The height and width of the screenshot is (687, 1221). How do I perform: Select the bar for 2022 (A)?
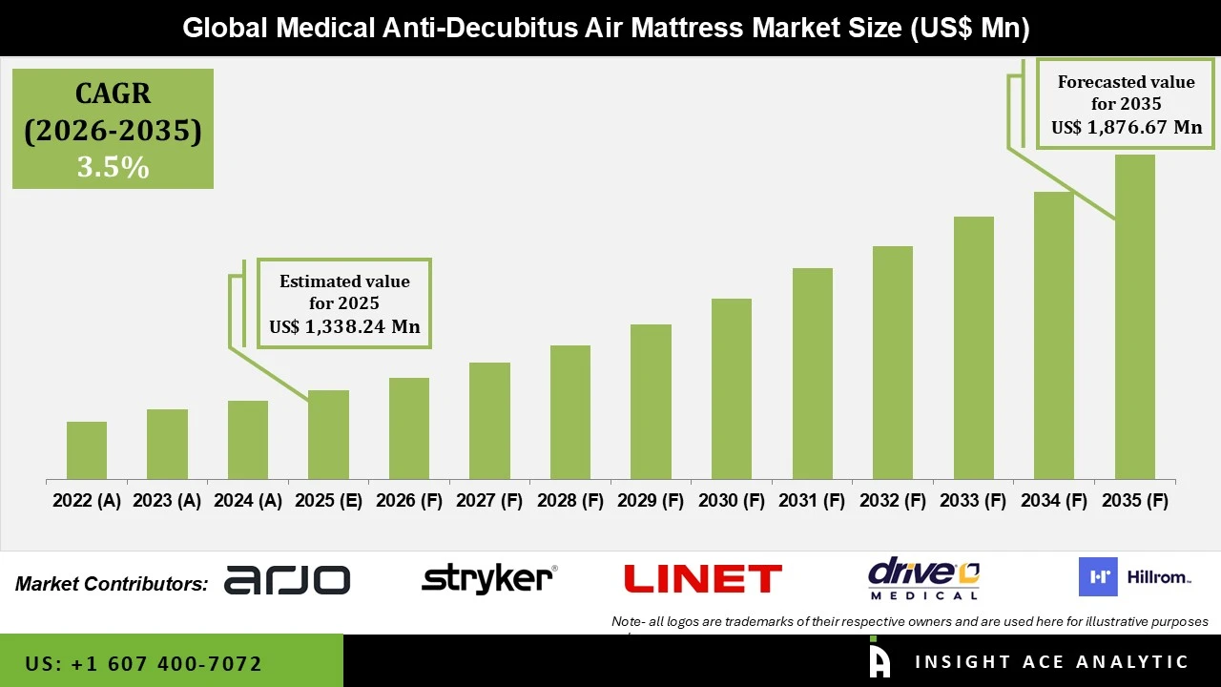point(87,450)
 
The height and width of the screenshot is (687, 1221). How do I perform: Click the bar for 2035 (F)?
point(1134,317)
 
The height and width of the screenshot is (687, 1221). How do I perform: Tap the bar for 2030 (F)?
point(731,388)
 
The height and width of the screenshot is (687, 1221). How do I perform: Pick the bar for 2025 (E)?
point(328,434)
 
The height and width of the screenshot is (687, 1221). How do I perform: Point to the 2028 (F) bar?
point(569,412)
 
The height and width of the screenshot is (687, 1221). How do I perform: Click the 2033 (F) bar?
point(973,347)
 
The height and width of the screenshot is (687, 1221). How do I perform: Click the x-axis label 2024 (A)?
point(247,501)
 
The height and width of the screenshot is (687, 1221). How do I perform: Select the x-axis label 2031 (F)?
point(812,501)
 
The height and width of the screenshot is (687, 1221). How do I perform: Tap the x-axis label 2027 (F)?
point(489,501)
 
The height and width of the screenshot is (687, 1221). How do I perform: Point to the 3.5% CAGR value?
point(113,167)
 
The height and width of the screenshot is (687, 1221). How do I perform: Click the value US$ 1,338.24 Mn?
point(344,327)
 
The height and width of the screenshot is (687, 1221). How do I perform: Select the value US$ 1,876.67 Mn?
point(1127,127)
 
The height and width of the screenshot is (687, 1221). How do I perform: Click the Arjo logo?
point(287,579)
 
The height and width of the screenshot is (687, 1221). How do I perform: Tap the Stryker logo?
point(488,578)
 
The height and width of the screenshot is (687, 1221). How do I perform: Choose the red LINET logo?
point(702,578)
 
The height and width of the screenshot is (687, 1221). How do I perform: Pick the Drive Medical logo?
point(923,578)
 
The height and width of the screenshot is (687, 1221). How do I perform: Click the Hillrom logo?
point(1135,577)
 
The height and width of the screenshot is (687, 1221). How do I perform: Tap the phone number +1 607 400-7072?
point(143,663)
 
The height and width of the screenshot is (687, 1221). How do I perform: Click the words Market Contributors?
point(112,583)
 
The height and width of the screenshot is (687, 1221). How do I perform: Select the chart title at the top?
point(606,28)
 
